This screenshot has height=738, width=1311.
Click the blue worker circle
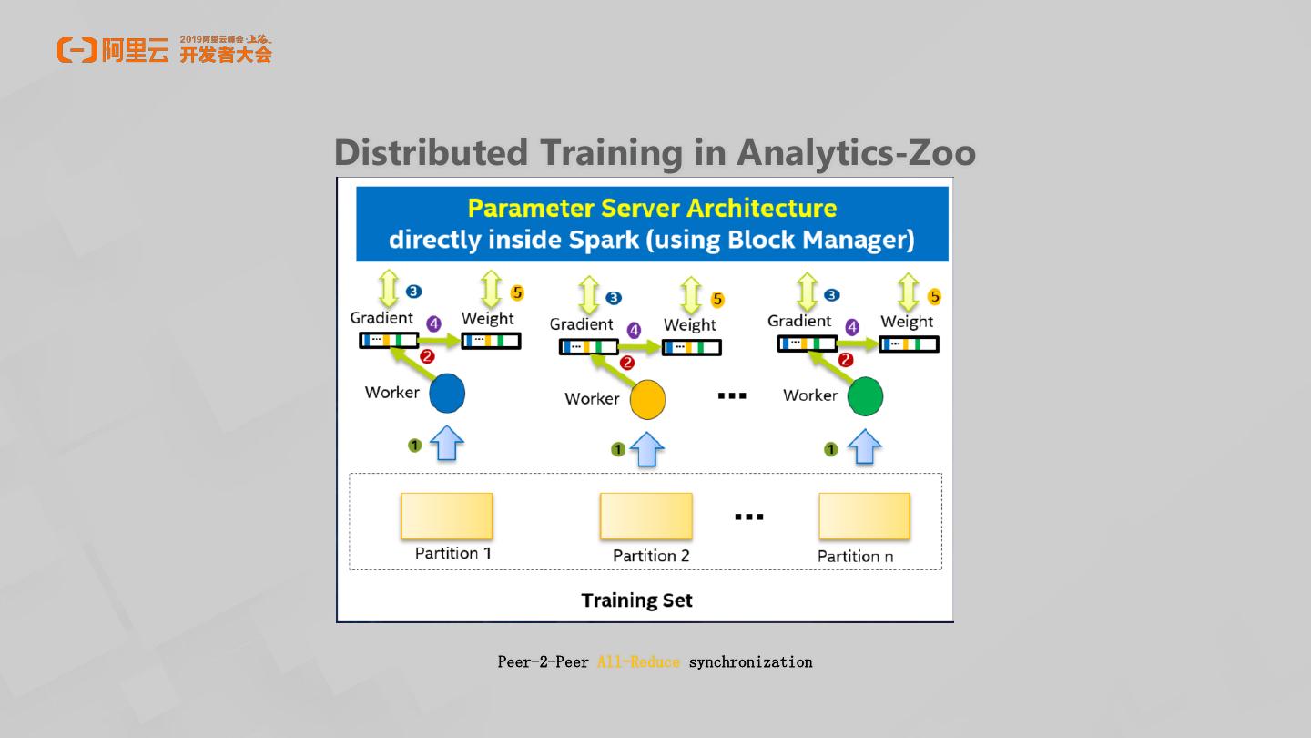pyautogui.click(x=446, y=394)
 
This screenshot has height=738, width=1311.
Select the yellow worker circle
pyautogui.click(x=647, y=399)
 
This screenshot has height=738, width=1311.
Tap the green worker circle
pyautogui.click(x=865, y=396)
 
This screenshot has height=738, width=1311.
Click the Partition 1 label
pyautogui.click(x=452, y=553)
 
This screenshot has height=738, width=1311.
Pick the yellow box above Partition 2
pyautogui.click(x=645, y=516)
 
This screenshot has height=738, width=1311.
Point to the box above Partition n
pyautogui.click(x=864, y=516)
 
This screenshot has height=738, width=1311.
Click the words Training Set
pyautogui.click(x=636, y=600)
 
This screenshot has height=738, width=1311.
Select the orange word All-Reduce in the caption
pyautogui.click(x=638, y=662)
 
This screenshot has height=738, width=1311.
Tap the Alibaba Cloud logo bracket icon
pyautogui.click(x=76, y=50)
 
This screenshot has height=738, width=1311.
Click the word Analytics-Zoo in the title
pyautogui.click(x=856, y=152)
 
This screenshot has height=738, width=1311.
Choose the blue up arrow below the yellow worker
pyautogui.click(x=646, y=449)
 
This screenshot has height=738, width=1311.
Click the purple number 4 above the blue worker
pyautogui.click(x=433, y=324)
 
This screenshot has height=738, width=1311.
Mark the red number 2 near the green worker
pyautogui.click(x=846, y=360)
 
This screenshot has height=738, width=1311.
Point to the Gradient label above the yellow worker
pyautogui.click(x=581, y=324)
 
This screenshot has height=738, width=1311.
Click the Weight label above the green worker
pyautogui.click(x=907, y=321)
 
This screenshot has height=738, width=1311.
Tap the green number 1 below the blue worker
pyautogui.click(x=414, y=446)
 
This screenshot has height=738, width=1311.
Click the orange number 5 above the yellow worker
pyautogui.click(x=717, y=299)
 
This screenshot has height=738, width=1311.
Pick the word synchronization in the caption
pyautogui.click(x=750, y=662)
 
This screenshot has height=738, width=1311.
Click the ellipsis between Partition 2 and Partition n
pyautogui.click(x=748, y=517)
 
